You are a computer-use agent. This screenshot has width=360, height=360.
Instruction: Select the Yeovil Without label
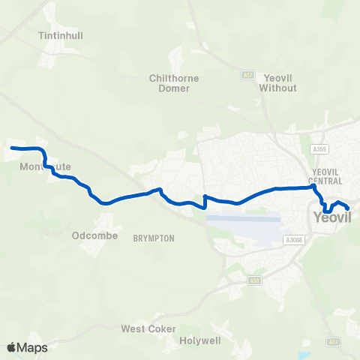[x=277, y=82]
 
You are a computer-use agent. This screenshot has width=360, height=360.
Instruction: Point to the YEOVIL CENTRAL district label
[x=326, y=176]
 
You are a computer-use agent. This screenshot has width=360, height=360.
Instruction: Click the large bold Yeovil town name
[x=331, y=218]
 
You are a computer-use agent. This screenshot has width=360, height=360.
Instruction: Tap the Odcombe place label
[x=91, y=235]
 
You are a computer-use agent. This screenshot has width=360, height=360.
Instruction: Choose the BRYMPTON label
[x=153, y=238]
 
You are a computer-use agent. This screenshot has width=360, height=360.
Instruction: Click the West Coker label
[x=148, y=329]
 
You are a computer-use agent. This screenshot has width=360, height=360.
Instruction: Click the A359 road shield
[x=320, y=149]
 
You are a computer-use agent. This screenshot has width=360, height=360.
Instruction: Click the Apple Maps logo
[x=27, y=347]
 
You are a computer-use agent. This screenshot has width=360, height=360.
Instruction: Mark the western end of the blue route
[x=11, y=148]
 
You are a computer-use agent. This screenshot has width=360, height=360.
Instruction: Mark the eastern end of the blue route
[x=349, y=209]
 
